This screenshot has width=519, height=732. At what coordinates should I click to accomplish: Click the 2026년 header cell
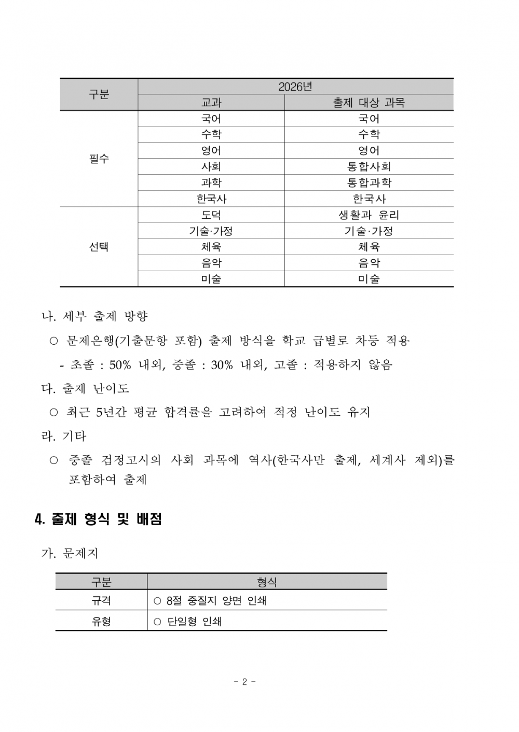[x=295, y=87]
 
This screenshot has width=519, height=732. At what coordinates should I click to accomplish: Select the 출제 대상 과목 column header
[x=368, y=103]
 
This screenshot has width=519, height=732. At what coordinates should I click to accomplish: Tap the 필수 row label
[x=99, y=159]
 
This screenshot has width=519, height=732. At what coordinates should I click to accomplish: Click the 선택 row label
[x=99, y=247]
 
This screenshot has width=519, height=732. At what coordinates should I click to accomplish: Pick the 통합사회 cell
[x=368, y=166]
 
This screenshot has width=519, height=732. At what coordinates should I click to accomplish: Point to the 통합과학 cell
[x=368, y=182]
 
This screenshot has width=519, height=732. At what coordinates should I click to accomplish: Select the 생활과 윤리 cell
[x=368, y=215]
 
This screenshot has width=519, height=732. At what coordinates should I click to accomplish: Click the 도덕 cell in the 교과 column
[x=211, y=215]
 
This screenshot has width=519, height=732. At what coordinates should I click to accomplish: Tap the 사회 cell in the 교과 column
[x=211, y=166]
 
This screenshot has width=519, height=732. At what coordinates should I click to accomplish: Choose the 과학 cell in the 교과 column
[x=211, y=182]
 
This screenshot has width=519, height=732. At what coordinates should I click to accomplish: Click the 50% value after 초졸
[x=120, y=365]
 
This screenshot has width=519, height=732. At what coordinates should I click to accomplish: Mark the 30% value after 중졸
[x=222, y=365]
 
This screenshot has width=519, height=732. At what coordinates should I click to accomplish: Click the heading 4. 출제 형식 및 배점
[x=98, y=519]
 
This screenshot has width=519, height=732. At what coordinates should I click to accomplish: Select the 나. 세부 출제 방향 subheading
[x=95, y=316]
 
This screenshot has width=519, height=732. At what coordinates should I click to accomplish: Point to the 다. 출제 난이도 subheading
[x=85, y=388]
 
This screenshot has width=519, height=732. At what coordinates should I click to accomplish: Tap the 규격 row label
[x=101, y=600]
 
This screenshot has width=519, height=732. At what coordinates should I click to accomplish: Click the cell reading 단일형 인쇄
[x=194, y=621]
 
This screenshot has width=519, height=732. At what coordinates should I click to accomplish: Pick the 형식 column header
[x=267, y=582]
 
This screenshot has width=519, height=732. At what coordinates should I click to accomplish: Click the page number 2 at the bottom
[x=244, y=682]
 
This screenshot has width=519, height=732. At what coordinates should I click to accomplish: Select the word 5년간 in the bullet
[x=111, y=412]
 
